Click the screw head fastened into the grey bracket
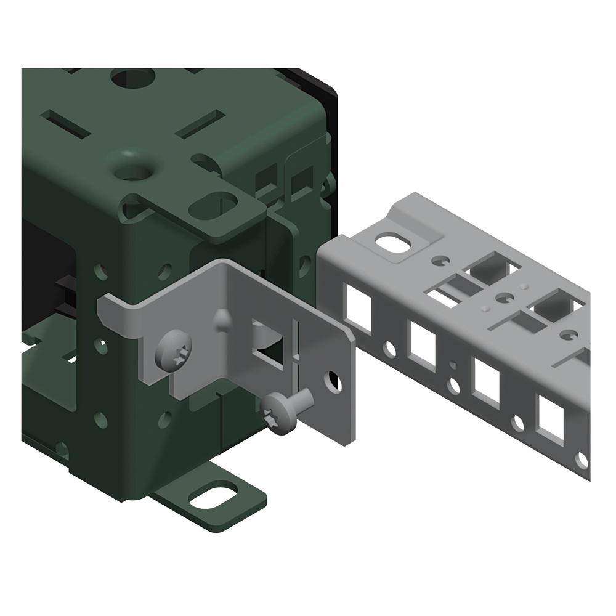pyautogui.click(x=174, y=350)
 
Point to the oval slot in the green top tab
pyautogui.click(x=213, y=206)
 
